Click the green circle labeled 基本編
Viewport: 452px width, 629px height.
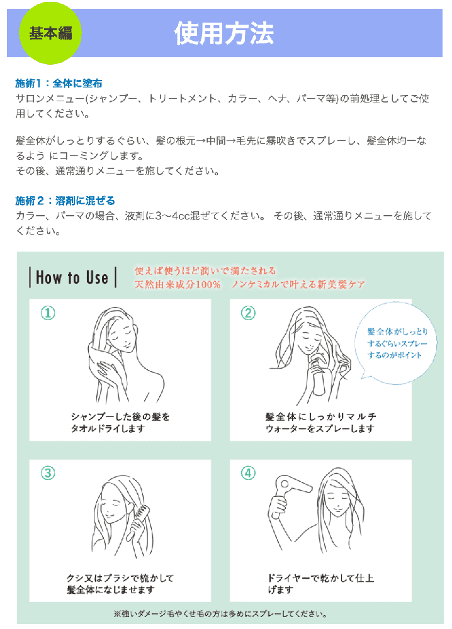pos(50,33)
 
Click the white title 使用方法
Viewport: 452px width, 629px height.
pos(224,33)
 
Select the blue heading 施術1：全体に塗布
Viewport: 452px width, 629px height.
pos(59,83)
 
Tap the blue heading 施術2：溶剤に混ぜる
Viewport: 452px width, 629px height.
pos(65,200)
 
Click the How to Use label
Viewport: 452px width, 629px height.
pos(72,277)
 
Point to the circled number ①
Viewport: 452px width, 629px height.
pos(48,313)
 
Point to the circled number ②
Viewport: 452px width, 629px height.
pos(248,313)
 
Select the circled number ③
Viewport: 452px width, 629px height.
pos(48,474)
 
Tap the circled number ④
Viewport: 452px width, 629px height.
pos(248,474)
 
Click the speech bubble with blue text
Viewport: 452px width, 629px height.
pos(396,343)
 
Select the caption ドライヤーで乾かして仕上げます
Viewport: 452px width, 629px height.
pos(320,584)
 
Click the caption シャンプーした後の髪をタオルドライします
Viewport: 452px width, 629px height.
pos(120,423)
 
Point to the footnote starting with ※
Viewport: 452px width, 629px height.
pos(220,614)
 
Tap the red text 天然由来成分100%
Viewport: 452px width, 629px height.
pos(178,284)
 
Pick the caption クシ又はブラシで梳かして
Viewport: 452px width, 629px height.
pos(120,578)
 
